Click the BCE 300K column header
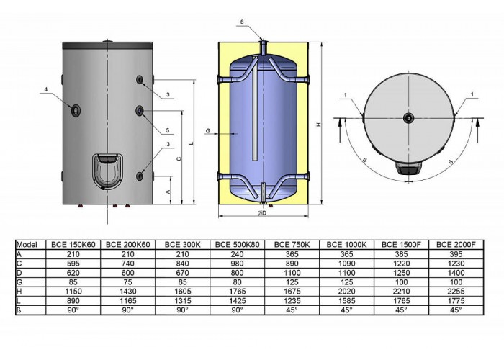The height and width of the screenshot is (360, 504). click(x=182, y=245)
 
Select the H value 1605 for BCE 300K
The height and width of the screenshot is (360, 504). click(x=183, y=292)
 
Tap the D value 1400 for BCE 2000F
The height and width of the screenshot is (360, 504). click(x=456, y=273)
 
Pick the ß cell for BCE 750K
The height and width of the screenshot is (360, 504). click(x=292, y=310)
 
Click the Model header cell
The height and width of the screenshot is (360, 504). click(x=27, y=245)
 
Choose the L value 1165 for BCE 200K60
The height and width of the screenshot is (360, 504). click(x=128, y=301)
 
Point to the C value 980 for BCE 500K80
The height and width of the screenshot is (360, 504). click(x=237, y=264)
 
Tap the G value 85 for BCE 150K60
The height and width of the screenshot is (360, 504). click(x=73, y=282)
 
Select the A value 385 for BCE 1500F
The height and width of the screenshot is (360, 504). click(x=401, y=254)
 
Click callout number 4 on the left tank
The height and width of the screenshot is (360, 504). click(x=46, y=89)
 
